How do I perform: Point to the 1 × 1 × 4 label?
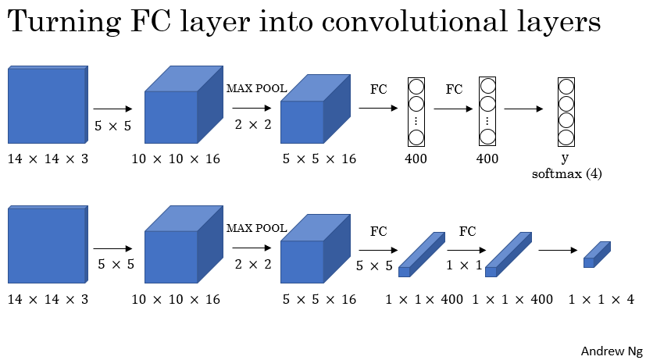pos(601,299)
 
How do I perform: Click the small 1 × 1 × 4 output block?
pos(597,255)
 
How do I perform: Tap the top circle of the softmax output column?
pos(567,86)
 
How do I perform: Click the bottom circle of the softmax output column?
pos(567,137)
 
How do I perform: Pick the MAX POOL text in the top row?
pos(256,88)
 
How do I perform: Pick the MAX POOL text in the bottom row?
pos(256,228)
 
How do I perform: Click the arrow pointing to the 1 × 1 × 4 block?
pos(557,251)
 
